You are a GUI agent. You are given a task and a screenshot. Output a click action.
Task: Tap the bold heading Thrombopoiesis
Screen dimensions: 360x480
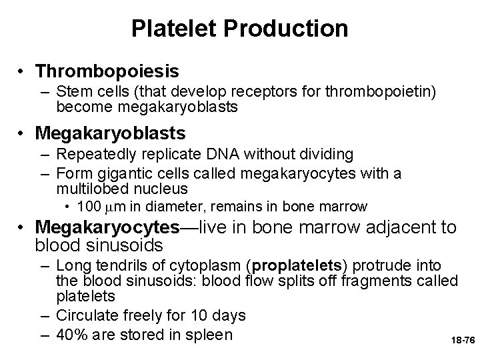pos(107,69)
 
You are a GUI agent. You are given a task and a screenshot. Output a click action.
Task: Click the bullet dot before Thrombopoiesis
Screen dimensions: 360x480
pos(23,70)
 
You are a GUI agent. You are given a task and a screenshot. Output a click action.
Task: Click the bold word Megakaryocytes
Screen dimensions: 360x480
pos(107,227)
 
